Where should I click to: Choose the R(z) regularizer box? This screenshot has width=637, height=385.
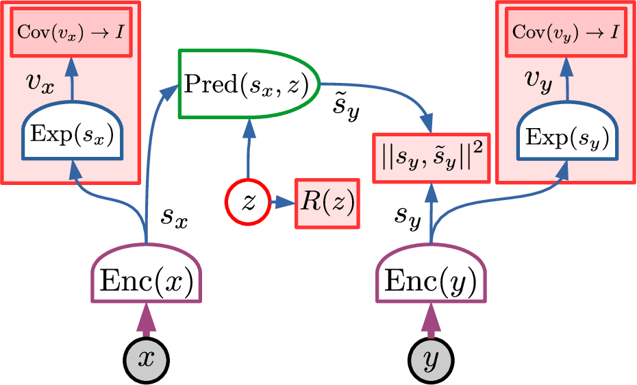(x=325, y=203)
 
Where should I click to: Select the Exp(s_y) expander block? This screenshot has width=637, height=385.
(x=566, y=138)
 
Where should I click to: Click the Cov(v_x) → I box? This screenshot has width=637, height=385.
(x=72, y=32)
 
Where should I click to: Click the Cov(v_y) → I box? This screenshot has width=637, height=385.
(x=565, y=32)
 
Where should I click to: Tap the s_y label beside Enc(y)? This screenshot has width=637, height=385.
(x=408, y=216)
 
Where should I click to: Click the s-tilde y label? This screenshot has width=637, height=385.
(x=344, y=107)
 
